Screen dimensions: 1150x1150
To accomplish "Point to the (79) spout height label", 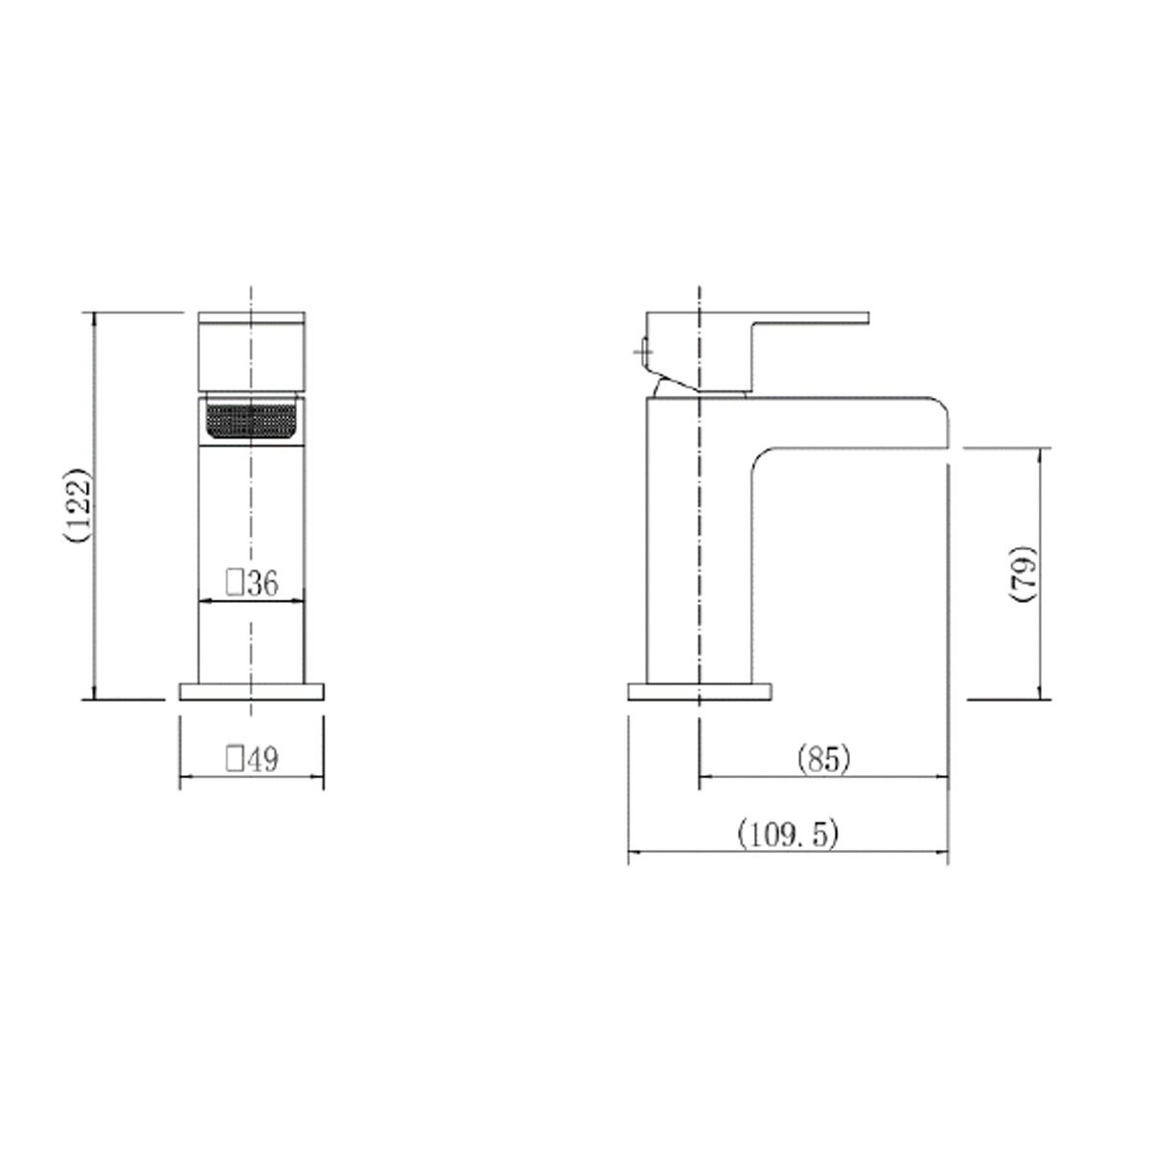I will [1023, 574].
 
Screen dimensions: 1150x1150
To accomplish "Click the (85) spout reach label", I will [823, 760].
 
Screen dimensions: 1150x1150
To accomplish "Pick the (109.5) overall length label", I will [788, 833].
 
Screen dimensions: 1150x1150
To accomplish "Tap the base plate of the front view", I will [251, 691].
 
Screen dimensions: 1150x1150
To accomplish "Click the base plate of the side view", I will [700, 691].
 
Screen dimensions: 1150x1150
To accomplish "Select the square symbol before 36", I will [232, 583].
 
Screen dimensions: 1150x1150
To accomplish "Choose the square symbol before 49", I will [233, 760].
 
